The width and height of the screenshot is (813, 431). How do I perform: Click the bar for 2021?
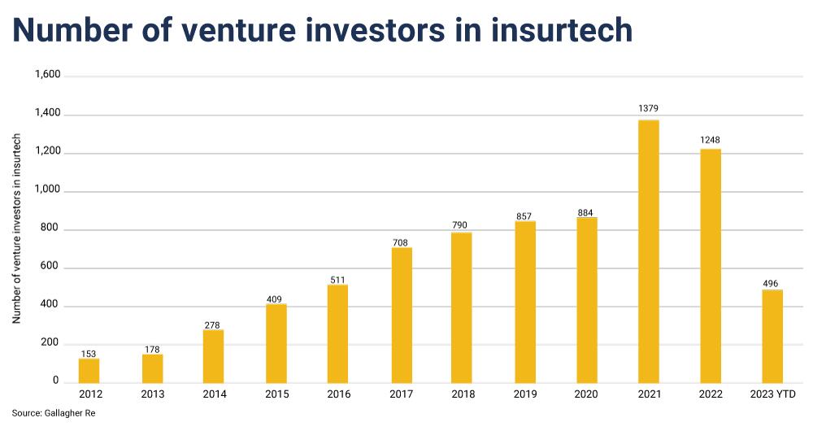[648, 251]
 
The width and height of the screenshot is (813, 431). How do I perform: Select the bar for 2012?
[89, 371]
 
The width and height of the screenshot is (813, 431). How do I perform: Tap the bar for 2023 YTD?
[772, 337]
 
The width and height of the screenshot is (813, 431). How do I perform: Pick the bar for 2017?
[402, 316]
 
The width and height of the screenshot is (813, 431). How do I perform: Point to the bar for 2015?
[276, 344]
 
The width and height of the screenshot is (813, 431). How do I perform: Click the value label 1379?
[648, 108]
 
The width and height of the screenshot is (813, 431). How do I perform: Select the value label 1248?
[710, 140]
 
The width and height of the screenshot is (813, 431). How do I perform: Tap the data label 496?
[771, 284]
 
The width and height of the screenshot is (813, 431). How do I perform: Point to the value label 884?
[585, 213]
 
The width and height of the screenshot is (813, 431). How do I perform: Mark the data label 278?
[212, 326]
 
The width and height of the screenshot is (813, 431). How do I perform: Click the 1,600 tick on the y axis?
[48, 75]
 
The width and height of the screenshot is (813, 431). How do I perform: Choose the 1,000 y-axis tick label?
[48, 189]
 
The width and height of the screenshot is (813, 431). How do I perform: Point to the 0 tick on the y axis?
[55, 380]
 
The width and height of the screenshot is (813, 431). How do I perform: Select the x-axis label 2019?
[525, 394]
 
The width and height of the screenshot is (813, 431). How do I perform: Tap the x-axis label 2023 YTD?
[772, 394]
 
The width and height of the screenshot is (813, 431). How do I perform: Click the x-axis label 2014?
[215, 394]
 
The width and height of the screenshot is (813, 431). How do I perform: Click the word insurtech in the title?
[562, 29]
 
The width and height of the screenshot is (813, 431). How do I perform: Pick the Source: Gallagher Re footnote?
[54, 413]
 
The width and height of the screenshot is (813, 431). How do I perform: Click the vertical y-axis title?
[16, 229]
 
